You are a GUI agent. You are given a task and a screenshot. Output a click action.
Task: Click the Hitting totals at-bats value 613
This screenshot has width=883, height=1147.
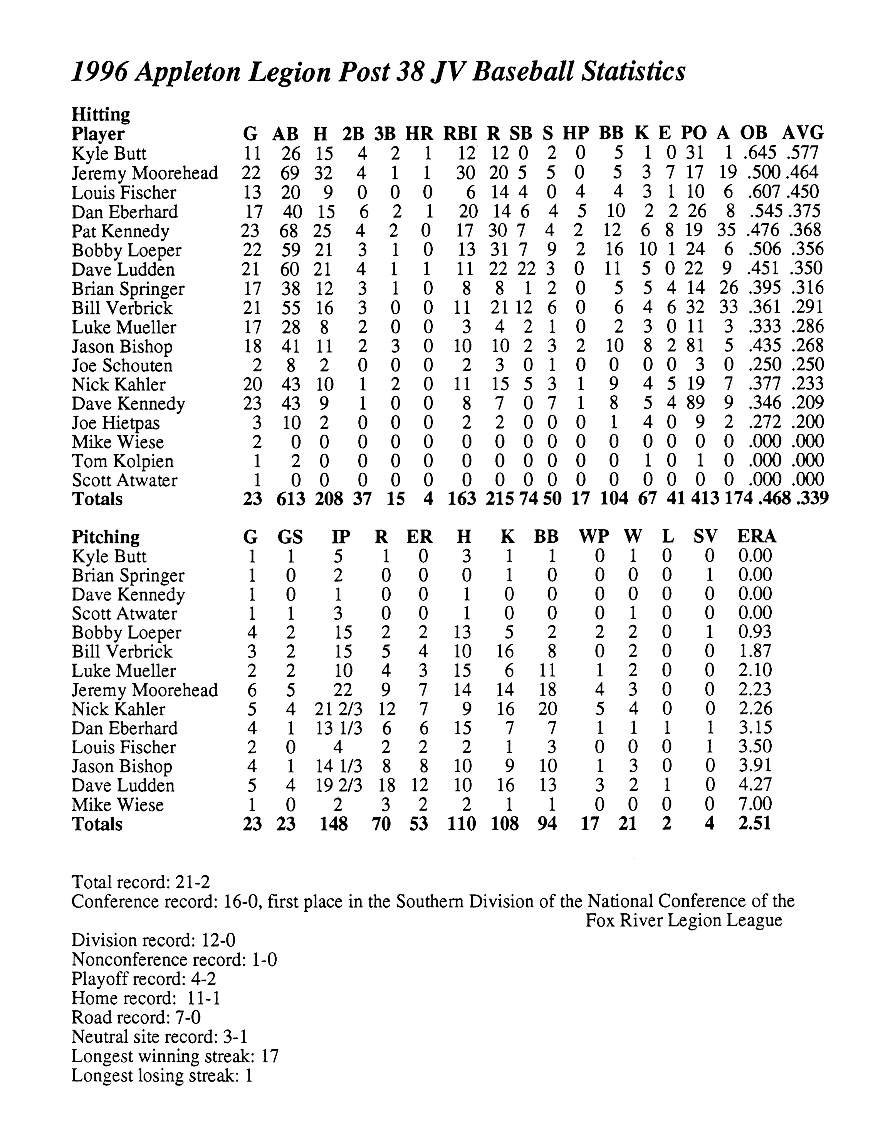click(x=290, y=498)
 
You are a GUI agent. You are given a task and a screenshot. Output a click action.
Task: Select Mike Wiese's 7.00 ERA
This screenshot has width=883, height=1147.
click(x=755, y=804)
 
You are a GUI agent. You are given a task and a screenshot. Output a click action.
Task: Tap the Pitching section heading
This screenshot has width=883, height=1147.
click(x=106, y=537)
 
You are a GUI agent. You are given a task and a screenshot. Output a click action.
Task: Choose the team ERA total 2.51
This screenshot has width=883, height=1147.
click(x=755, y=823)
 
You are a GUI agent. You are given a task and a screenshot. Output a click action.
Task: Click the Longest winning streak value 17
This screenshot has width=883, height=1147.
click(x=269, y=1056)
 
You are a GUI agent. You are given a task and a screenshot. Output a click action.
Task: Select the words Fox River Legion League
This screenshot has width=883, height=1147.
click(x=683, y=921)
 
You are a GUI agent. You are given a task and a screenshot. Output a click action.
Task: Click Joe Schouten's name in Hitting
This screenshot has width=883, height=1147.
click(x=122, y=366)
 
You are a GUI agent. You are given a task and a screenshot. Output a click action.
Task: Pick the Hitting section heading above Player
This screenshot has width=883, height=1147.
click(x=101, y=114)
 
